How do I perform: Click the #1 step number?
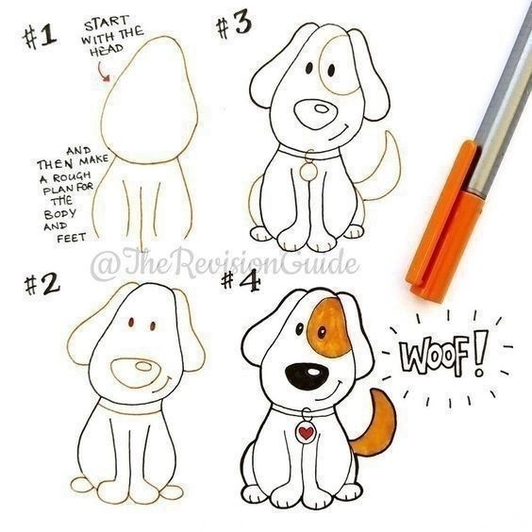39,37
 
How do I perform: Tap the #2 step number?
42,285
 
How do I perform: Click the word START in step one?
107,23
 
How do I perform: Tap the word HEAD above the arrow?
107,51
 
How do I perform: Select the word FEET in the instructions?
72,238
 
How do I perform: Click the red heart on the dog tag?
306,433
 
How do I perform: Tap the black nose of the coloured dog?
308,376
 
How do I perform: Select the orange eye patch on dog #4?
328,327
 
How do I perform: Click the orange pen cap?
444,221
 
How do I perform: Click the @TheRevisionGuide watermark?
224,263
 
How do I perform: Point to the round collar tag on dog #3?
308,172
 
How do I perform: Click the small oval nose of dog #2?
143,366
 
